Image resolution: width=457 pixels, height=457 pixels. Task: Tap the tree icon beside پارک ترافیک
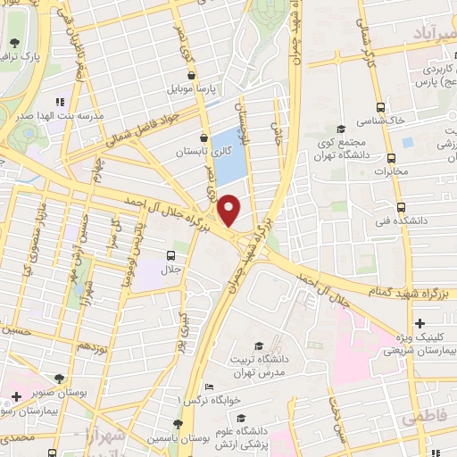[x=14, y=42]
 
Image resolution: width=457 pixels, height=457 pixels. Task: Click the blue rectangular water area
[x=228, y=155]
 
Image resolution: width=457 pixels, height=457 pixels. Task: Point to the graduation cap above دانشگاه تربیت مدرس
[x=259, y=345]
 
